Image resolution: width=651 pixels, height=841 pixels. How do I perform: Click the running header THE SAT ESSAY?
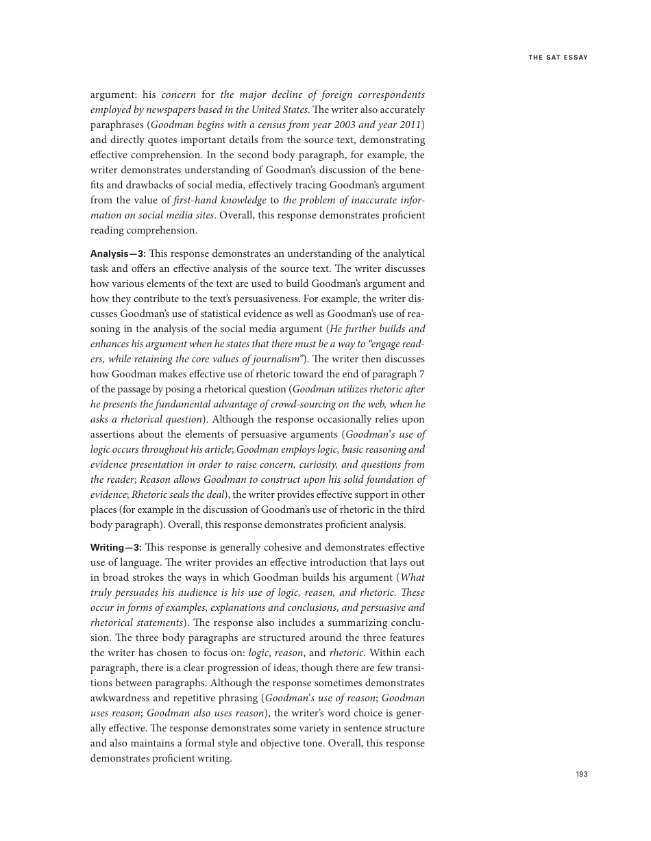click(x=558, y=58)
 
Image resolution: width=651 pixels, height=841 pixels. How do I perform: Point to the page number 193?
click(x=581, y=774)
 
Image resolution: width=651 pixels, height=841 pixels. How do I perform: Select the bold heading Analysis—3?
click(x=117, y=253)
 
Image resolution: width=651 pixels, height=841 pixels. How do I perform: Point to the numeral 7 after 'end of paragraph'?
click(x=421, y=374)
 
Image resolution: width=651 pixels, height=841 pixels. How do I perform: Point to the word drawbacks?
click(x=131, y=185)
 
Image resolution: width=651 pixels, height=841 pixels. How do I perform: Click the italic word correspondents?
click(x=388, y=95)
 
